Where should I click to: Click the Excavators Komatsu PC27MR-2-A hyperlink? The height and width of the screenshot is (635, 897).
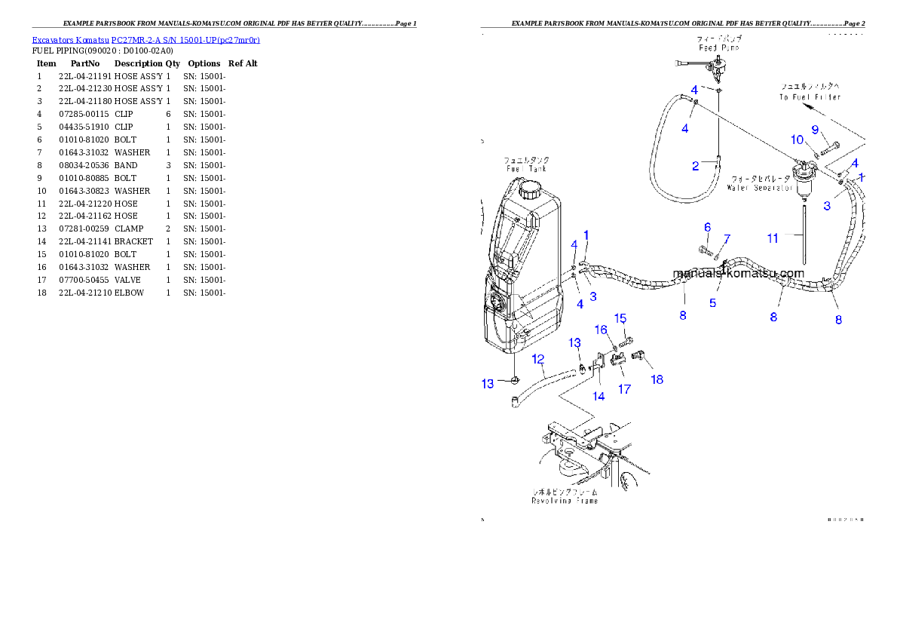coord(145,40)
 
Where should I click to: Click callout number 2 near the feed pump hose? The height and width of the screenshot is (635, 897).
coord(696,166)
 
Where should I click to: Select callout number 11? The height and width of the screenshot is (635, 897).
coord(773,238)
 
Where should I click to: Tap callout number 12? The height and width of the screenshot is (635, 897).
coord(538,359)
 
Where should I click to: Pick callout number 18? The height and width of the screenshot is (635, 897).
coord(657,379)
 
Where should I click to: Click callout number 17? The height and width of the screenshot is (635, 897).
coord(625,389)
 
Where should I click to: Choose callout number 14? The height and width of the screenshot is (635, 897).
coord(599,396)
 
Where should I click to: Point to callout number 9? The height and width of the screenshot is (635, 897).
coord(815,130)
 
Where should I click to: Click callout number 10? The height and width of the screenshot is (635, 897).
coord(797,140)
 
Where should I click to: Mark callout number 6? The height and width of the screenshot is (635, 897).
coord(707,227)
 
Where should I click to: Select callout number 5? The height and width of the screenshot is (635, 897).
coord(712,303)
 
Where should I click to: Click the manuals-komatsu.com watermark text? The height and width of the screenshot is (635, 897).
coord(739,274)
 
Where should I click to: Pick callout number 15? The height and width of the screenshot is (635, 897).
coord(620,318)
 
